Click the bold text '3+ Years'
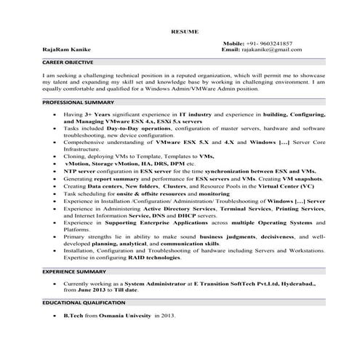pos(97,115)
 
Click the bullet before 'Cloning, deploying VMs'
pos(55,156)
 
